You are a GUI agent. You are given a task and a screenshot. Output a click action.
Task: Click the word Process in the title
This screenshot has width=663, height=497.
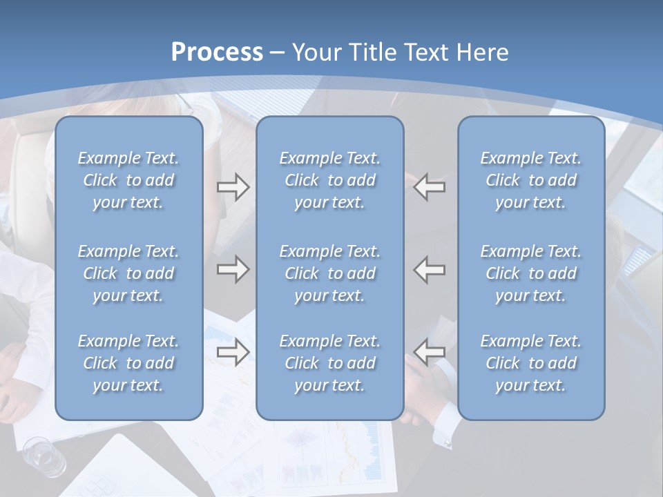coord(217,52)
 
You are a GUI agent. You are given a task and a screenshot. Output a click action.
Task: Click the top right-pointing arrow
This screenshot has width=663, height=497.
coord(233,187)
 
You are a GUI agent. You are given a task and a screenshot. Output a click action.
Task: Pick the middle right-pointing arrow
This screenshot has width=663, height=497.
coord(233,269)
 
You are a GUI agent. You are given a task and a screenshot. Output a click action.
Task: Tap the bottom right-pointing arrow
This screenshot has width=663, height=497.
coord(233,352)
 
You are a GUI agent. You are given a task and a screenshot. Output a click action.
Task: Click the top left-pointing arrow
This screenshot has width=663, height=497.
coord(430,187)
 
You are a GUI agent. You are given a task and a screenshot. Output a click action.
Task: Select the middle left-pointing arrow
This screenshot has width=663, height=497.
coord(430,269)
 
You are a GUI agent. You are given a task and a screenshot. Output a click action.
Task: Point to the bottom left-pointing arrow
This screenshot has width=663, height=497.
coord(430,352)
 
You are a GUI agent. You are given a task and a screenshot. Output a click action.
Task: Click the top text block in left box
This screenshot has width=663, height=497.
coord(128,180)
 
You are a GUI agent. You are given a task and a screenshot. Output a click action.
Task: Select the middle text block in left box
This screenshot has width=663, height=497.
coord(128,273)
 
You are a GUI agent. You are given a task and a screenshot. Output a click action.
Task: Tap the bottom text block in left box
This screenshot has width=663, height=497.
coord(128,363)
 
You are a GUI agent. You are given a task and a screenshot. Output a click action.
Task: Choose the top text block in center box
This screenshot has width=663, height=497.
coord(330,180)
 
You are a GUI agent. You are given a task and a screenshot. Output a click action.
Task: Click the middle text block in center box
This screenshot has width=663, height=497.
coord(330,273)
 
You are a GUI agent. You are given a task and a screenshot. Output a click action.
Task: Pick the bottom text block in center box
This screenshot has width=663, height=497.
coord(330,363)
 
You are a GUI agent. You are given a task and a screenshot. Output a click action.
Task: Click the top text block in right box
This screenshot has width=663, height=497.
coord(531,180)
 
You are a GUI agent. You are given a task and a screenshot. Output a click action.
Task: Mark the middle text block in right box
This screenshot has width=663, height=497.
coord(531,273)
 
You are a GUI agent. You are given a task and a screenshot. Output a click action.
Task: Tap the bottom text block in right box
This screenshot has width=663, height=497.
coord(531,363)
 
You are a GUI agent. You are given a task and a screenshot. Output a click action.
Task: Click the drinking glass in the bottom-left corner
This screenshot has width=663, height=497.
coord(40,456)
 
